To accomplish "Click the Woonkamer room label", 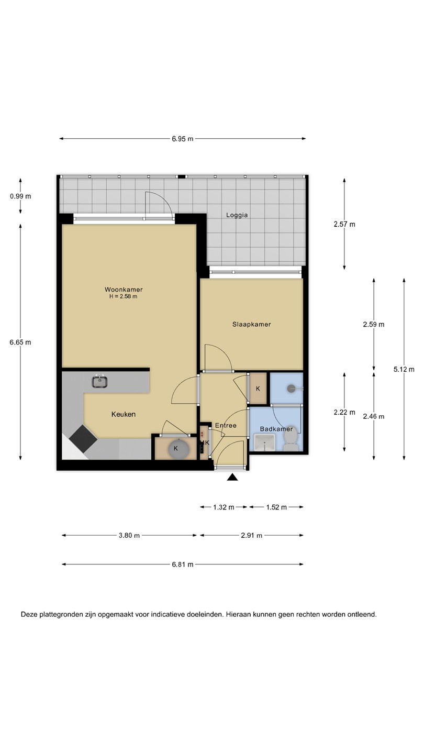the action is point(124,289).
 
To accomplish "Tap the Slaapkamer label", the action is point(251,324).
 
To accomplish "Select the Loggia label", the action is point(237,215).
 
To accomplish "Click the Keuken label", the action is point(124,414).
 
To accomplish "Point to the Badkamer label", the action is point(276,429).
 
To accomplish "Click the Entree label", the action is point(226,425).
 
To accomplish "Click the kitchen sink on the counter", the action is point(100,381).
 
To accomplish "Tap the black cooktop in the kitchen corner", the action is point(83,438).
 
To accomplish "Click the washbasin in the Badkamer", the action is point(265,442).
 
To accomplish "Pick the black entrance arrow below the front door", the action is point(232,477).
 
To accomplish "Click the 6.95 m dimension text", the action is point(183,139).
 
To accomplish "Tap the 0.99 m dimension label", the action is point(20,196).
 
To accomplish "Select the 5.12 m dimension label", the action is point(404,369).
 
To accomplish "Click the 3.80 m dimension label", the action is point(129,535).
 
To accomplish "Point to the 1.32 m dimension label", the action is point(224,507).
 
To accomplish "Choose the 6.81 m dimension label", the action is point(183,564).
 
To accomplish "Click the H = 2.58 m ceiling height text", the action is point(123,296).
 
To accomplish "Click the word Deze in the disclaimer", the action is point(29,614).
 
